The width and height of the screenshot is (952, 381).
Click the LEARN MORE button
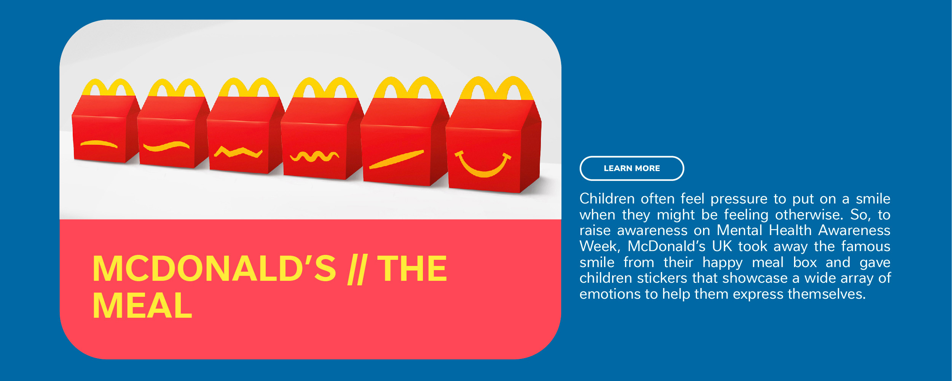coord(631,168)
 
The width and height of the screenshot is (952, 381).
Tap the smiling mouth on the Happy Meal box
coord(483,171)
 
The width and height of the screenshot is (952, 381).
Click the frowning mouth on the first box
coord(99,144)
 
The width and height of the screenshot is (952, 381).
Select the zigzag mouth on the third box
coord(238,152)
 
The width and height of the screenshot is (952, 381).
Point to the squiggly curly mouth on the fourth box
coord(314,156)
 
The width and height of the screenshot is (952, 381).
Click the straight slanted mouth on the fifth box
coord(396,159)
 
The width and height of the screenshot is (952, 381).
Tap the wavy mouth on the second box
coord(166,146)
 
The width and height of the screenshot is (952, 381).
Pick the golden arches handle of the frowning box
coord(108,87)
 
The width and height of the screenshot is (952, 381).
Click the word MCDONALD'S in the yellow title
coord(214,269)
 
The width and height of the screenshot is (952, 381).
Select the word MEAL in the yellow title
coord(142,306)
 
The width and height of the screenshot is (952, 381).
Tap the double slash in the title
coord(357,269)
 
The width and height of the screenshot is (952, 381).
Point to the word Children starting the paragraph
coord(607,199)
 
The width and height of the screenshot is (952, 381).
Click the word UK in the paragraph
coord(722,246)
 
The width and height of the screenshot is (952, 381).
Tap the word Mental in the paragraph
coord(739,231)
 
